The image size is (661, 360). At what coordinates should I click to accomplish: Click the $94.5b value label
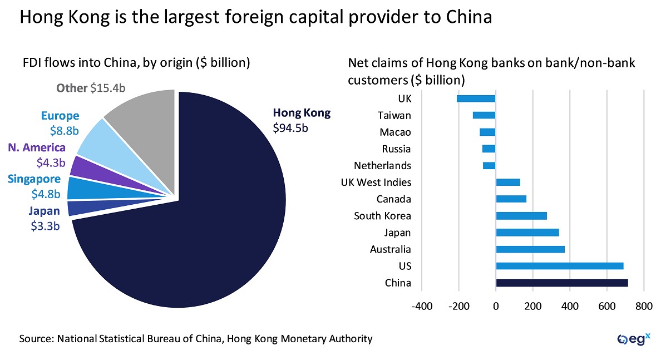[x=290, y=127]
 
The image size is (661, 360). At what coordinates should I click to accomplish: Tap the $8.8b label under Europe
[x=60, y=130]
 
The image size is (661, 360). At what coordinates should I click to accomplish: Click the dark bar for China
[x=562, y=283]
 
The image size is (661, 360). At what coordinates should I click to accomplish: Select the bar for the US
[x=559, y=266]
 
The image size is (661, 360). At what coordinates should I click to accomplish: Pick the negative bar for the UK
[x=476, y=99]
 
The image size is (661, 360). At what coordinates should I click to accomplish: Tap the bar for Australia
[x=530, y=249]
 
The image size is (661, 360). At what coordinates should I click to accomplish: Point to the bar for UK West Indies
[x=507, y=183]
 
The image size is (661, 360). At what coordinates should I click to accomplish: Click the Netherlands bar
[x=489, y=166]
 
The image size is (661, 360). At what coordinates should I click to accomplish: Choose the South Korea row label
[x=382, y=216]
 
